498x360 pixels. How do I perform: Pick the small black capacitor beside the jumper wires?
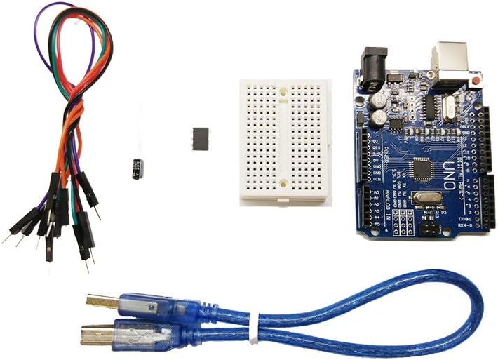tap(138, 168)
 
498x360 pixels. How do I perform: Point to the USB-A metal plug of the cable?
tap(100, 301)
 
